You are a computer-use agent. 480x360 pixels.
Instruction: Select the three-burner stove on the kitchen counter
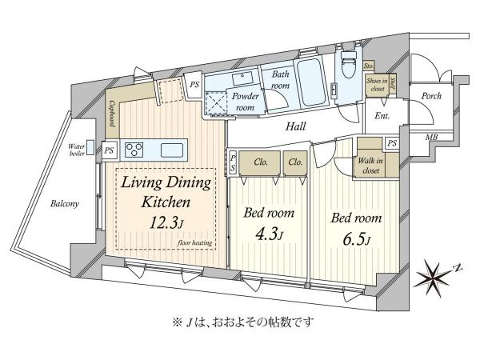pyautogui.click(x=134, y=150)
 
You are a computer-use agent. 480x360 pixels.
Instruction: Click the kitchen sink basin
pyautogui.click(x=172, y=150)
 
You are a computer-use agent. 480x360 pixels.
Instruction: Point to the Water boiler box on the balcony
pyautogui.click(x=90, y=148)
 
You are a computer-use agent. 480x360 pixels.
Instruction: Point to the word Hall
pyautogui.click(x=296, y=126)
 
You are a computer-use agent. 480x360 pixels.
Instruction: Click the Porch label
pyautogui.click(x=431, y=96)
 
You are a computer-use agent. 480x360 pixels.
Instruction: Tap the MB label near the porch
pyautogui.click(x=431, y=137)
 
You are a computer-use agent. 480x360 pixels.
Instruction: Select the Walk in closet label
pyautogui.click(x=370, y=166)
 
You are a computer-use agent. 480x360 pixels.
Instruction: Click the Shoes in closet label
pyautogui.click(x=377, y=85)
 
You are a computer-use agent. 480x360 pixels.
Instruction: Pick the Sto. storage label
pyautogui.click(x=369, y=66)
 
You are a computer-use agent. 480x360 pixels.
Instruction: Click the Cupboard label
pyautogui.click(x=112, y=114)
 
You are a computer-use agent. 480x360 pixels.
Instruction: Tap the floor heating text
pyautogui.click(x=194, y=242)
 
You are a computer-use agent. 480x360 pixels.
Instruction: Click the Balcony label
pyautogui.click(x=65, y=203)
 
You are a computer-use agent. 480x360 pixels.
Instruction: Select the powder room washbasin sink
pyautogui.click(x=242, y=78)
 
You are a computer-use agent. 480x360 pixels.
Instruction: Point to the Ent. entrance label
pyautogui.click(x=382, y=116)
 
